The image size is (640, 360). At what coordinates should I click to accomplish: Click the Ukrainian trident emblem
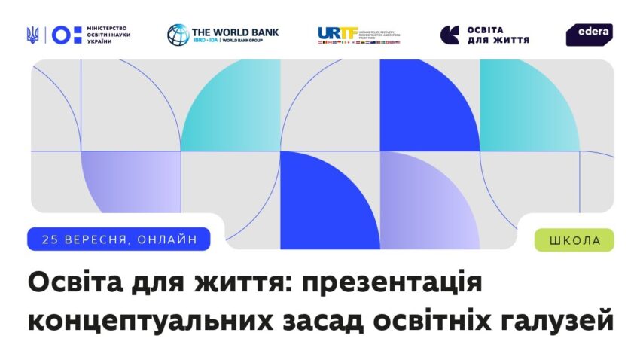(32, 35)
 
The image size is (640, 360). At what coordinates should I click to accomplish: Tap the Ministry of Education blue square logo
(63, 35)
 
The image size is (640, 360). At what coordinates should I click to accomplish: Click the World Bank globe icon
(178, 35)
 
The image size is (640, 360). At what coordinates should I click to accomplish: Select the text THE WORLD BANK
(235, 32)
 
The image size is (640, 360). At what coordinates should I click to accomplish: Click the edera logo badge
(589, 34)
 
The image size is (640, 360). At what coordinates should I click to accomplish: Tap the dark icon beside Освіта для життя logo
(450, 35)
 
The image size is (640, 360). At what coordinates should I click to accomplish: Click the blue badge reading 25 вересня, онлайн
(119, 239)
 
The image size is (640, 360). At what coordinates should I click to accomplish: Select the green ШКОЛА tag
(574, 240)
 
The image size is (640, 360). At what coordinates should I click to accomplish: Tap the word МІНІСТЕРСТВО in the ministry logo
(108, 27)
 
